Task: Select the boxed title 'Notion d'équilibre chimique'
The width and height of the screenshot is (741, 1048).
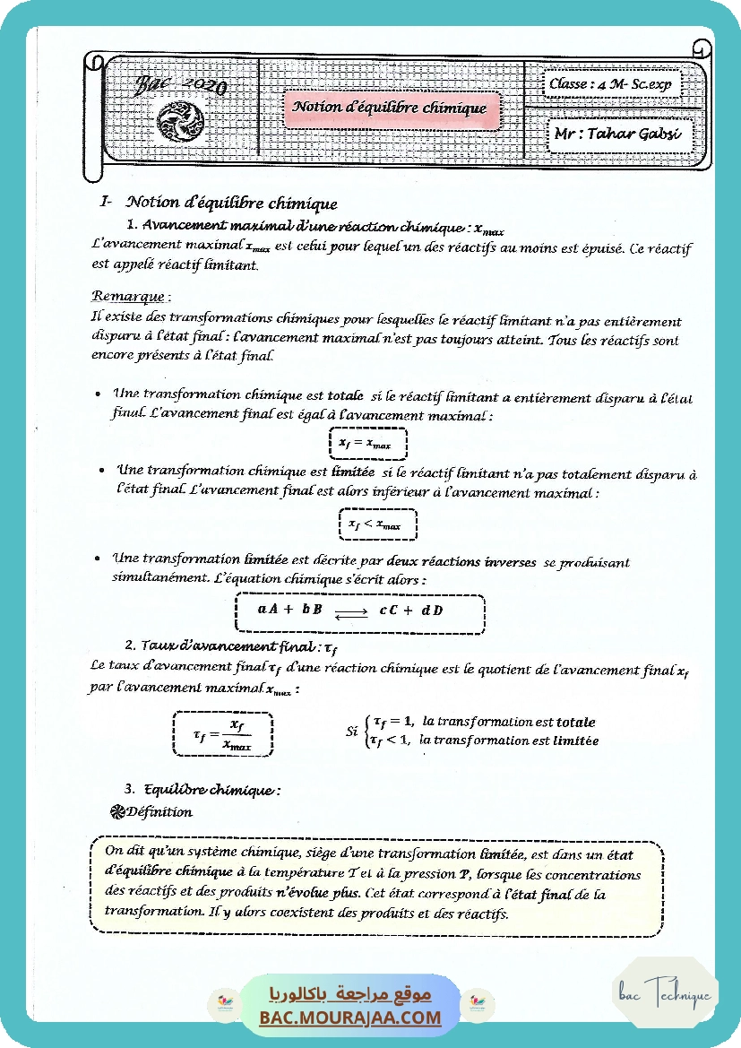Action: (x=390, y=108)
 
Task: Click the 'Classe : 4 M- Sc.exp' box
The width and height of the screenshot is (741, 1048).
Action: (x=610, y=84)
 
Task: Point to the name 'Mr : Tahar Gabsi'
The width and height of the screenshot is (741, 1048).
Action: (x=619, y=134)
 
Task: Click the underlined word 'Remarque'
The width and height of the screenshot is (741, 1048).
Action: (x=128, y=296)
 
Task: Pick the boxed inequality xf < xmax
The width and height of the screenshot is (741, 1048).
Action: (x=375, y=524)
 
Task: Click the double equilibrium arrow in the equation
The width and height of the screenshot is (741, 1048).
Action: (x=350, y=612)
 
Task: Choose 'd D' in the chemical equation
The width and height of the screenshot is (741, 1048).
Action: (x=433, y=611)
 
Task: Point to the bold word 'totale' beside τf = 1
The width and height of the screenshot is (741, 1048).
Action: (x=575, y=722)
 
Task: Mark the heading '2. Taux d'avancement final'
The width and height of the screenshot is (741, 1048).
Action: (x=231, y=645)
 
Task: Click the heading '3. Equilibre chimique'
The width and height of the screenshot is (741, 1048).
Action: (x=202, y=790)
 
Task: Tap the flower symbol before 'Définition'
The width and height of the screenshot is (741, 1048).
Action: (x=116, y=812)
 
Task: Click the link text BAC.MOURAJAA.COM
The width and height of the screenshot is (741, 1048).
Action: (x=350, y=1018)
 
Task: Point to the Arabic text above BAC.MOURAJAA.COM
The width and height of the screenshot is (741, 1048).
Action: (x=350, y=994)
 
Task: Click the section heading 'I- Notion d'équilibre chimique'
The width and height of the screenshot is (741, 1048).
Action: (x=220, y=203)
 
